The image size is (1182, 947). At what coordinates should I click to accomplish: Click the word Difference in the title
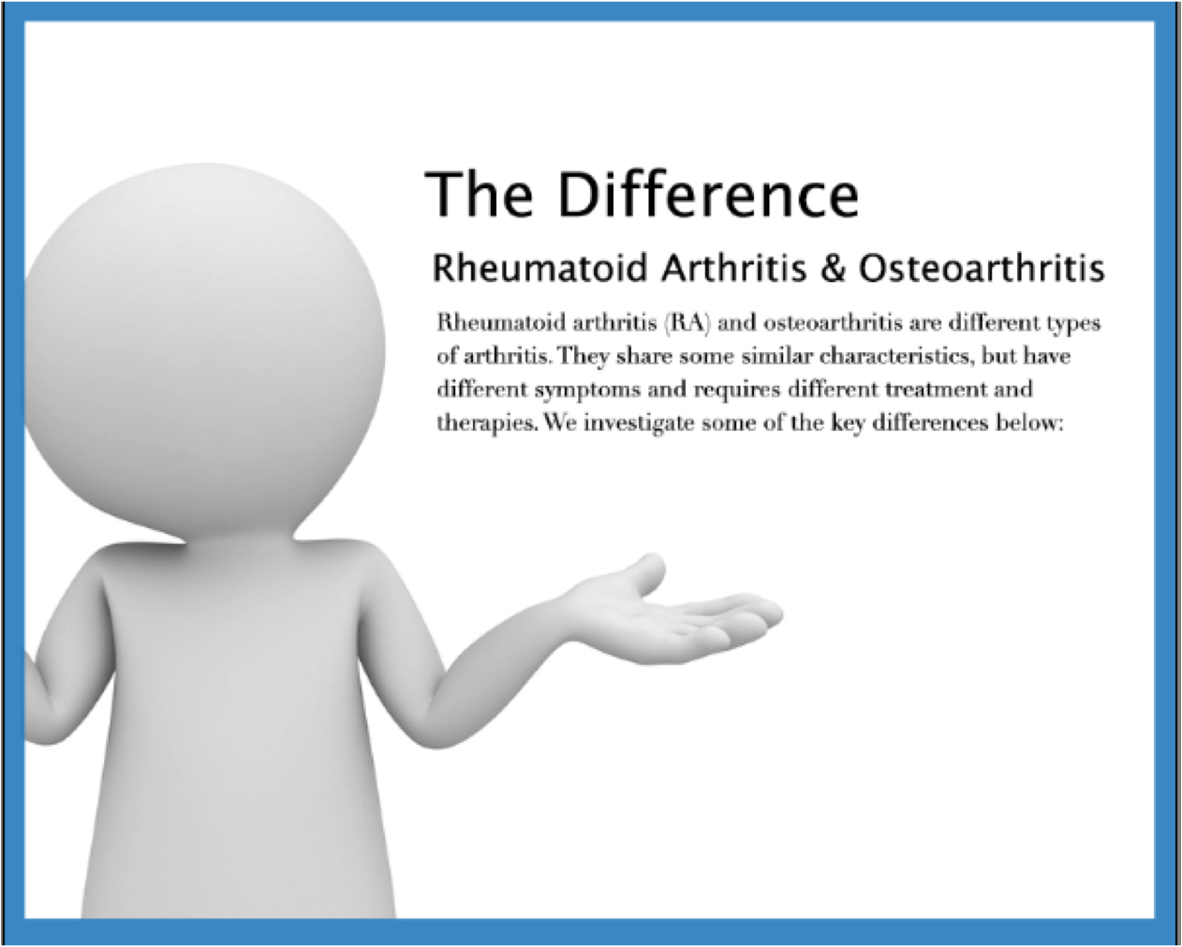pos(708,195)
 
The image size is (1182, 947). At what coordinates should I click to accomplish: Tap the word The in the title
pos(479,195)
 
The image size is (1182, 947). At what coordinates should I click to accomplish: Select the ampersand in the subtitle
pos(833,268)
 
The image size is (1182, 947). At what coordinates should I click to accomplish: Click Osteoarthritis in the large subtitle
pos(982,268)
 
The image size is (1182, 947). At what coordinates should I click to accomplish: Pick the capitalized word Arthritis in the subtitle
pos(734,268)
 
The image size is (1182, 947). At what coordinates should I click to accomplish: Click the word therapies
pos(487,424)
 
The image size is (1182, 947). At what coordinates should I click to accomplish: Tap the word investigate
pos(639,424)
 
